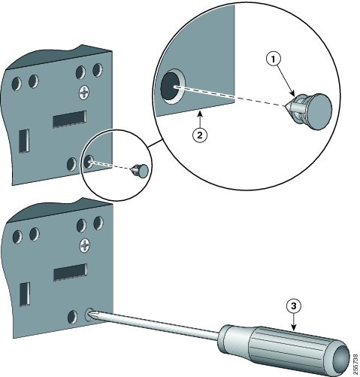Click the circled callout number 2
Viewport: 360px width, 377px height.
point(198,135)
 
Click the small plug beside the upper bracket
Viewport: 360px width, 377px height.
point(140,171)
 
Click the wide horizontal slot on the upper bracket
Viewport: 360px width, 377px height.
point(68,119)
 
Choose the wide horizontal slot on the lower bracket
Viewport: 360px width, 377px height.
point(68,272)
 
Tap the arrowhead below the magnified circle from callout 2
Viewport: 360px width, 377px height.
point(198,116)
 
